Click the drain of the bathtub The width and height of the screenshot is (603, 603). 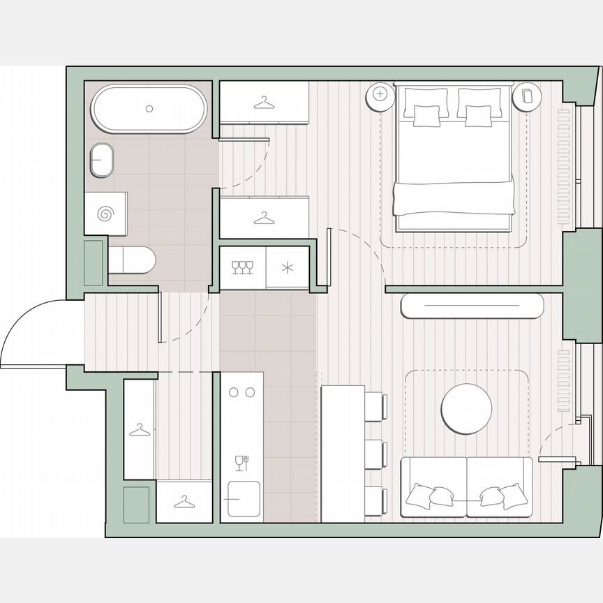pyautogui.click(x=149, y=108)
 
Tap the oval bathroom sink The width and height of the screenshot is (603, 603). pyautogui.click(x=103, y=160)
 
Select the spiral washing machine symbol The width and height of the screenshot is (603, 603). pyautogui.click(x=105, y=214)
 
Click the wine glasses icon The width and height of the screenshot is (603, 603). pyautogui.click(x=242, y=267)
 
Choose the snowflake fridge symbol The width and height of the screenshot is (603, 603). pyautogui.click(x=288, y=267)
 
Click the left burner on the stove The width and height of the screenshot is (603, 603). pyautogui.click(x=234, y=393)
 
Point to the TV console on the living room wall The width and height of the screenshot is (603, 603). pyautogui.click(x=472, y=306)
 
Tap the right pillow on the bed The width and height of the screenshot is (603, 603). pyautogui.click(x=478, y=114)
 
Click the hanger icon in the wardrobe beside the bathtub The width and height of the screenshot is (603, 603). pyautogui.click(x=263, y=104)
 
